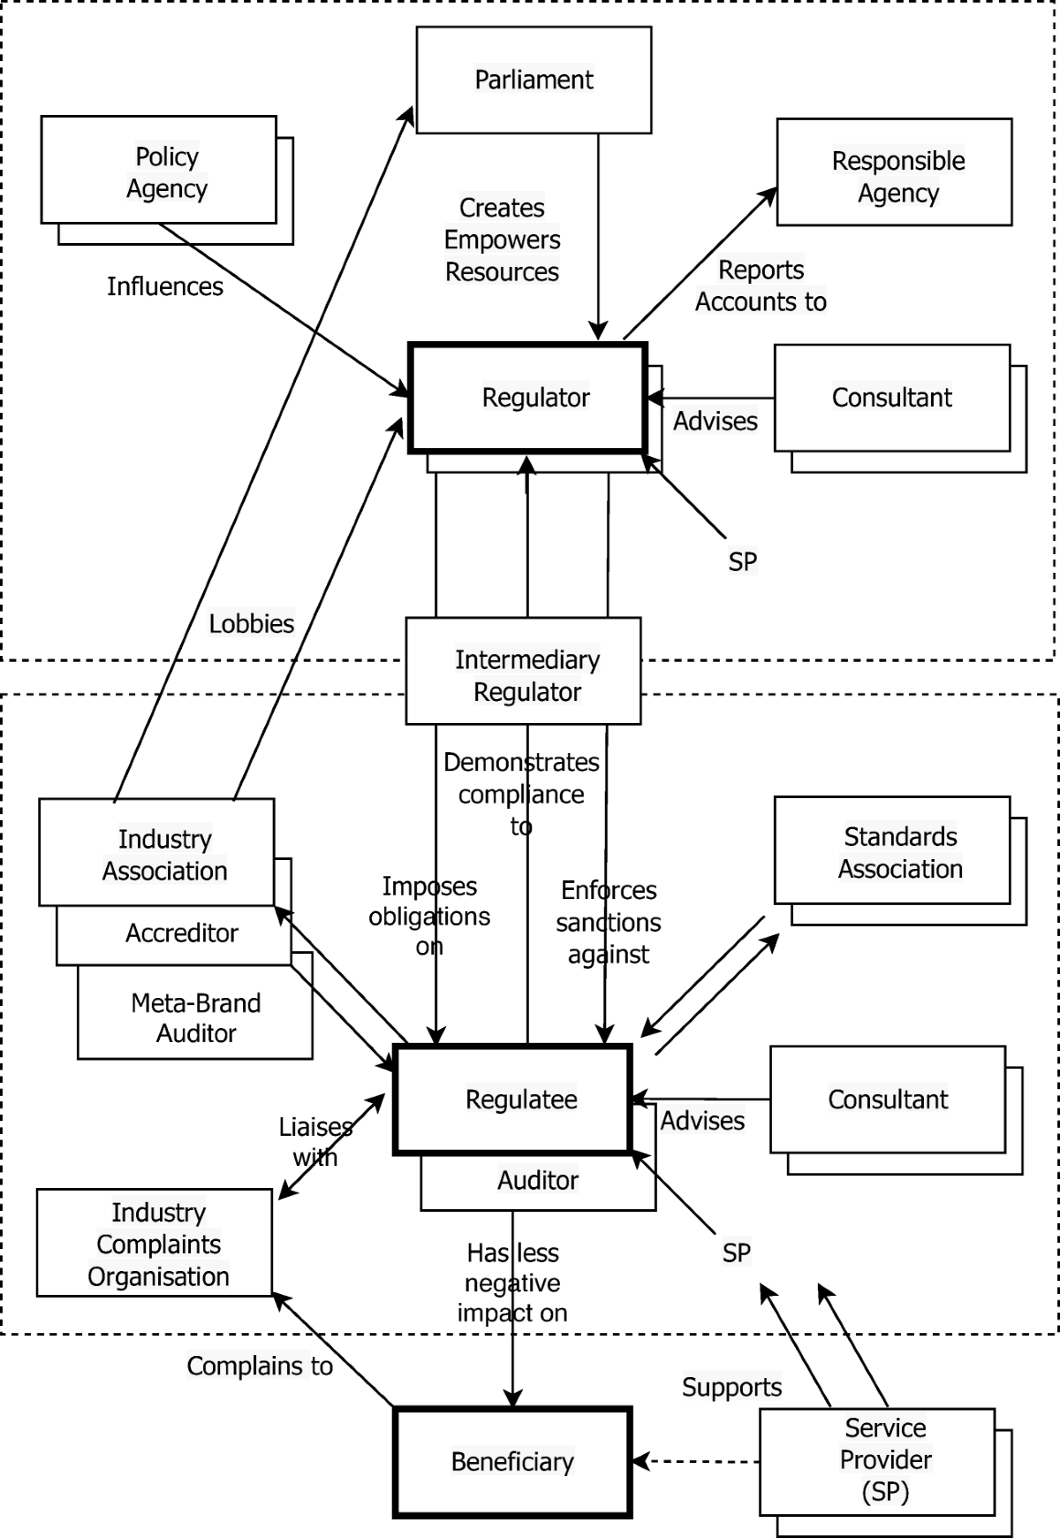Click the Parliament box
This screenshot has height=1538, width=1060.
[x=534, y=80]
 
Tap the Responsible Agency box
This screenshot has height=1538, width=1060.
[x=894, y=172]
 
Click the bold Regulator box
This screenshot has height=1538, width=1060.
[x=528, y=398]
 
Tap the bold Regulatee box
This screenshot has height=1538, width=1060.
[x=513, y=1100]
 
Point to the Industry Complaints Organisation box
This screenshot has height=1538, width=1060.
[x=155, y=1243]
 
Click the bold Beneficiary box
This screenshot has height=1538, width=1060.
[x=512, y=1462]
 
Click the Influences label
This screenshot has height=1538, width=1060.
[x=165, y=286]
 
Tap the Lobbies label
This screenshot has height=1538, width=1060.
[x=251, y=623]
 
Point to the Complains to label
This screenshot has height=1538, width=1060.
[x=260, y=1366]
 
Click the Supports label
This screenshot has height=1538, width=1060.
[x=731, y=1387]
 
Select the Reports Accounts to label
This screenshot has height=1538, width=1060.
[x=761, y=286]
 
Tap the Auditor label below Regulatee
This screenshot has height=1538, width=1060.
[x=537, y=1180]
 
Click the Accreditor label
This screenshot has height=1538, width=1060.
[x=182, y=933]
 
